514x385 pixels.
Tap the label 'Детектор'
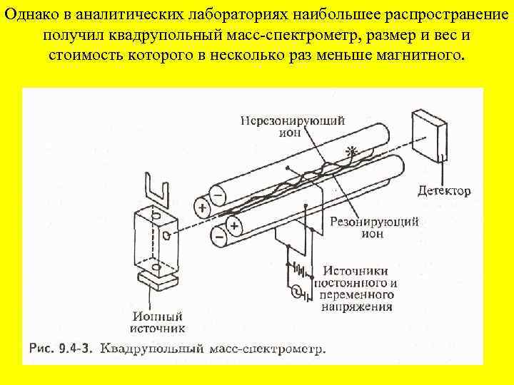point(444,191)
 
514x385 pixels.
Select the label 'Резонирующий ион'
point(374,227)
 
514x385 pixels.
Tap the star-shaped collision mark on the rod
point(349,151)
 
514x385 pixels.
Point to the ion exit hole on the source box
point(166,234)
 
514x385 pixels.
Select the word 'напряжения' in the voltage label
point(356,307)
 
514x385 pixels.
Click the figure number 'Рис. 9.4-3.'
point(61,349)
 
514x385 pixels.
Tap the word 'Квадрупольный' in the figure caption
point(152,349)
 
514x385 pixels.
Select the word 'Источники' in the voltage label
point(356,270)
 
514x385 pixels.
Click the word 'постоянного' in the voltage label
point(351,282)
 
